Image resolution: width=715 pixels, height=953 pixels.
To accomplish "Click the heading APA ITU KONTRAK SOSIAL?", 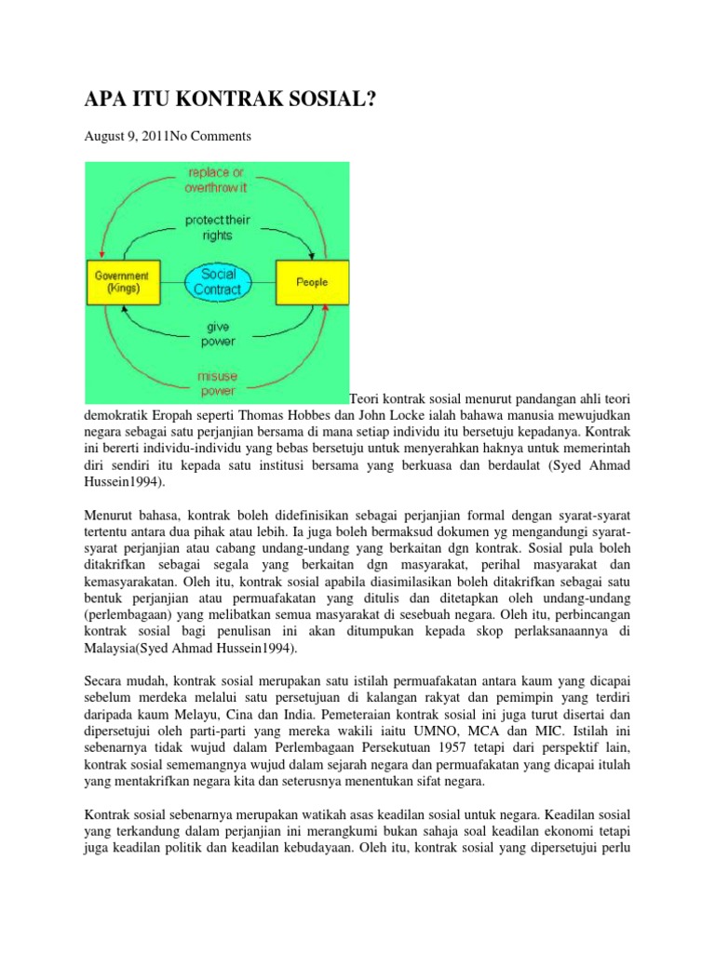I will [x=229, y=97].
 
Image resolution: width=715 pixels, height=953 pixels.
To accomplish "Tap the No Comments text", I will [x=210, y=136].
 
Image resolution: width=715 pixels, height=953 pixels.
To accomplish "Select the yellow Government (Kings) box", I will [x=123, y=282].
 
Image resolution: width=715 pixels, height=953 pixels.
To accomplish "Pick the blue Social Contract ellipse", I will [x=216, y=281].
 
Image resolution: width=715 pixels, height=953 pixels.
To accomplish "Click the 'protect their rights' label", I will [x=217, y=228].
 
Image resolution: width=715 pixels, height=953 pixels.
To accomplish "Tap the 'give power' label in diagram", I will [x=216, y=335].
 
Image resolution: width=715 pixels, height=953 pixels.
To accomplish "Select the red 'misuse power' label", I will [x=216, y=383].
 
